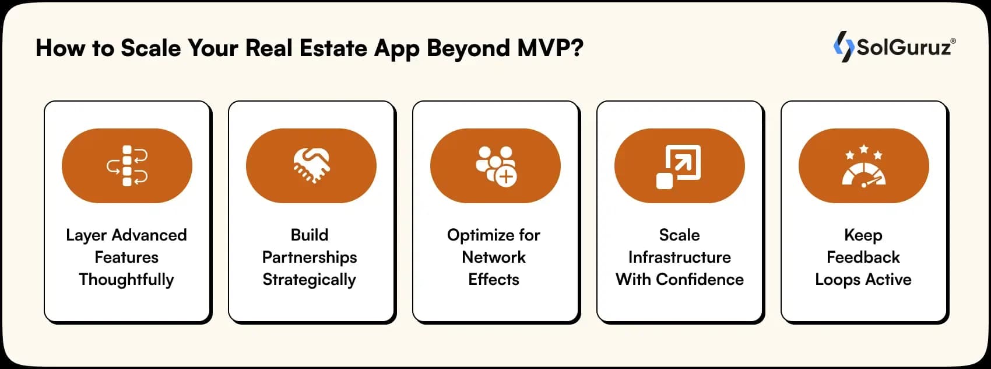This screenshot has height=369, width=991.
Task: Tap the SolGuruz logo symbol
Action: [x=843, y=47]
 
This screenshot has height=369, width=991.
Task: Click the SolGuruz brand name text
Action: [x=904, y=47]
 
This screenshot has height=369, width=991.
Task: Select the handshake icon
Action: [x=311, y=165]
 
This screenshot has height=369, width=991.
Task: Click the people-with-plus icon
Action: [x=495, y=166]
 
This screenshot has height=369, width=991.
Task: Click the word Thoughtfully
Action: [x=126, y=280]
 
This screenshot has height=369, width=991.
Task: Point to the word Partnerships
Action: [x=310, y=257]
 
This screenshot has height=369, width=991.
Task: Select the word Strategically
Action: [x=310, y=280]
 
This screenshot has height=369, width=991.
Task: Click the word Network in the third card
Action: [x=494, y=257]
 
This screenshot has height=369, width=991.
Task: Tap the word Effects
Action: [x=494, y=280]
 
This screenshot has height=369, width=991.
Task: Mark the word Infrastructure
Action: [x=679, y=257]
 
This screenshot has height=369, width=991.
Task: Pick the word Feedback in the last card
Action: [x=863, y=257]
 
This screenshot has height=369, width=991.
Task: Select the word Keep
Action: [x=863, y=235]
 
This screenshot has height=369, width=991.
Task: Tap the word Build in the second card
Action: [x=310, y=235]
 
